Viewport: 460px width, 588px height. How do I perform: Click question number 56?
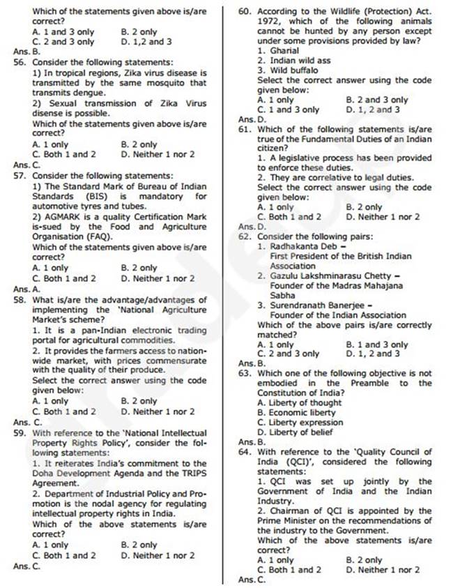pyautogui.click(x=19, y=62)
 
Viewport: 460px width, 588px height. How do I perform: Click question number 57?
pyautogui.click(x=19, y=176)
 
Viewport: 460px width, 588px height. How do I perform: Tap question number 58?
pyautogui.click(x=19, y=300)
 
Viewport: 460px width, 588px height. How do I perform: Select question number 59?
pyautogui.click(x=19, y=432)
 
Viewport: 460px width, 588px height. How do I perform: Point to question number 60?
pyautogui.click(x=245, y=12)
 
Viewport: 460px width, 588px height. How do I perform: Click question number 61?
pyautogui.click(x=245, y=129)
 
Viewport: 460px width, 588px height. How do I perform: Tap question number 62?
pyautogui.click(x=245, y=236)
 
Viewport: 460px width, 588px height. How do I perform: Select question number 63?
pyautogui.click(x=245, y=373)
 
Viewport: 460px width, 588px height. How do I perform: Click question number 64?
pyautogui.click(x=245, y=452)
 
